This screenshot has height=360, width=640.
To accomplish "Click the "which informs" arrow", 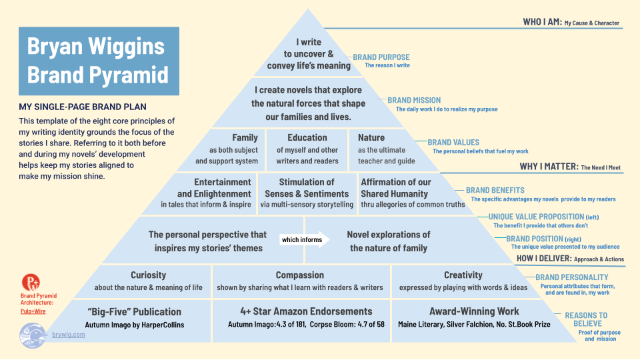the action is (305, 239).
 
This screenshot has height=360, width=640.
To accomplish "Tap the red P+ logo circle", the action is (31, 282).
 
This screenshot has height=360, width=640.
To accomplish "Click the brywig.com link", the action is (69, 335).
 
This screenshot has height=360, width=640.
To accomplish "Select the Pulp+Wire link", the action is (33, 311).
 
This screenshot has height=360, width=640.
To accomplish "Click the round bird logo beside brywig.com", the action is (33, 335).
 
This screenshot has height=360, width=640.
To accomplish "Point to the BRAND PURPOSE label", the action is (381, 57).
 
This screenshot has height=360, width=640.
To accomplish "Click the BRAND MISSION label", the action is (414, 101).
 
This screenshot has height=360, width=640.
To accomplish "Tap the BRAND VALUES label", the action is (453, 143).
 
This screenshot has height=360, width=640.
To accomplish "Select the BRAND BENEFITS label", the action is (495, 190).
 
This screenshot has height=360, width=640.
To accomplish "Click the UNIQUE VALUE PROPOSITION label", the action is (536, 217).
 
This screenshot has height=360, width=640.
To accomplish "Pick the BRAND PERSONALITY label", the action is (572, 277).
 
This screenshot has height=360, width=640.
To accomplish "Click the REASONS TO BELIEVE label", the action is (587, 319).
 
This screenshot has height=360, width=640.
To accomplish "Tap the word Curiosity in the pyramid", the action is (148, 275).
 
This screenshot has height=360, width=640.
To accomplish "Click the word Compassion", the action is (299, 275).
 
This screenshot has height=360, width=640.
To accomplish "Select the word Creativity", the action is (463, 275).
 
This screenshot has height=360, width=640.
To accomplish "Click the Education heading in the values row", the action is (307, 137).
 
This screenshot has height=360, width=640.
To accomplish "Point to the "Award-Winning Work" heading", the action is (474, 311).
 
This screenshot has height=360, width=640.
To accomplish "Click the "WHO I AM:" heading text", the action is (543, 22).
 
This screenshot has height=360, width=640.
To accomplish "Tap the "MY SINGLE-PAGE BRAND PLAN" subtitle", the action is (83, 107).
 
